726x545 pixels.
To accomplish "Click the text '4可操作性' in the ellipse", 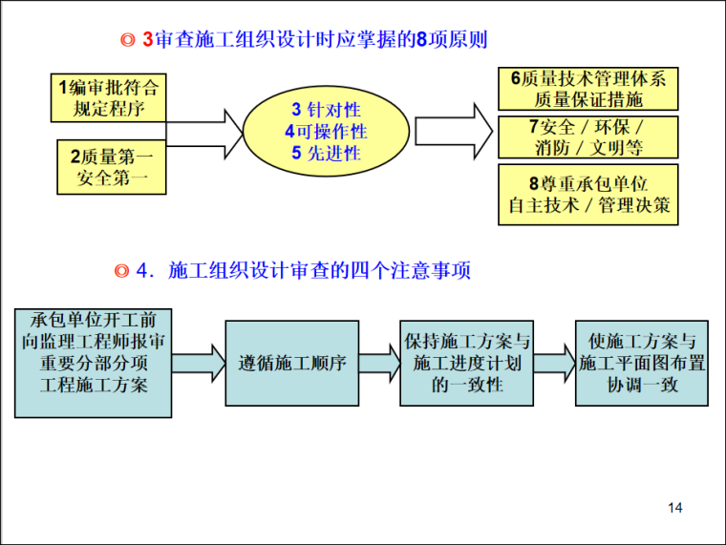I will (x=326, y=132).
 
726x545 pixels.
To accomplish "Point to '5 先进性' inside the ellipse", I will (x=326, y=153).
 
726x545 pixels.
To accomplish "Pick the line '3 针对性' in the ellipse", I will (x=326, y=109).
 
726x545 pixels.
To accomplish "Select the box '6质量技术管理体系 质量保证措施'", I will (x=587, y=89).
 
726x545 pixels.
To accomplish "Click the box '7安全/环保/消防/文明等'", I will (x=587, y=136).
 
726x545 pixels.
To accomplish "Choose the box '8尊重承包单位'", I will (x=587, y=195).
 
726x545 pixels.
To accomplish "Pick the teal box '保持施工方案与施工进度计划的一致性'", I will (x=466, y=364).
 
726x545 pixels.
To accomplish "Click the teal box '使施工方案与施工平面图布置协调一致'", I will (x=642, y=364).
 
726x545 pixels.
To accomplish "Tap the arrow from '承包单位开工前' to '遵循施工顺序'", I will (x=199, y=364).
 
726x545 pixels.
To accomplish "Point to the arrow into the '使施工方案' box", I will (x=554, y=364).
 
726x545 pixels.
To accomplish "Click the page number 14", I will (x=675, y=508).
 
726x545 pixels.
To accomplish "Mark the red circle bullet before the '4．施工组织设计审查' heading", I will (x=121, y=271).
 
